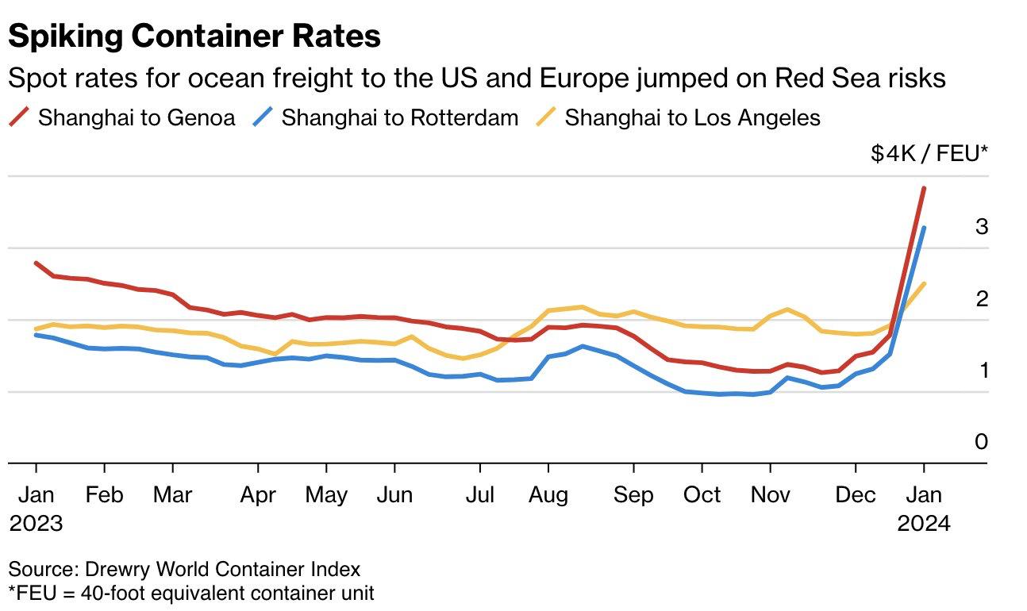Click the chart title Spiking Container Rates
[x=194, y=36]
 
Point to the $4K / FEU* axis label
[x=929, y=153]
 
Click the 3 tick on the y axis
[x=982, y=227]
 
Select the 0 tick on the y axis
[x=982, y=442]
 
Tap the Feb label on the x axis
[x=104, y=495]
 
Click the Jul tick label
[x=479, y=495]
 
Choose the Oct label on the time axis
[x=702, y=495]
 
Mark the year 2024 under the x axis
[x=924, y=523]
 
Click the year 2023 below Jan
[x=36, y=523]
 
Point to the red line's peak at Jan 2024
[x=924, y=188]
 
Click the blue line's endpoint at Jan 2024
[x=924, y=229]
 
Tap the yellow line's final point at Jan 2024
[x=924, y=283]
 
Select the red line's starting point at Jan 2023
[x=37, y=263]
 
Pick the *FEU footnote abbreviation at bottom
[x=29, y=593]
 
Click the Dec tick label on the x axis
[x=856, y=495]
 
